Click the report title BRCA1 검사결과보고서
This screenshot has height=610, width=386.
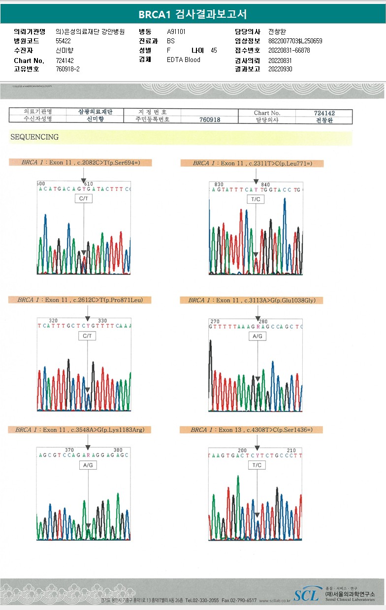click(x=193, y=14)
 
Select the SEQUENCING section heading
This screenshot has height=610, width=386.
click(x=34, y=137)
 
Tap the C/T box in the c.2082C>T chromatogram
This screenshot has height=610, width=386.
click(x=83, y=199)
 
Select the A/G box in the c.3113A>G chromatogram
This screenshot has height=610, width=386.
click(x=257, y=336)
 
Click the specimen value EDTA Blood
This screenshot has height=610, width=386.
click(x=184, y=60)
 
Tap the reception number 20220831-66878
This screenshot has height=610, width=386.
click(x=289, y=50)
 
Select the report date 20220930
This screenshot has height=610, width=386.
click(x=280, y=69)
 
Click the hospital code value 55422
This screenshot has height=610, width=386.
click(x=64, y=41)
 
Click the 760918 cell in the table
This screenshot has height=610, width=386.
click(x=210, y=120)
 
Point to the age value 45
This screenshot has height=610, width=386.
click(x=214, y=50)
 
